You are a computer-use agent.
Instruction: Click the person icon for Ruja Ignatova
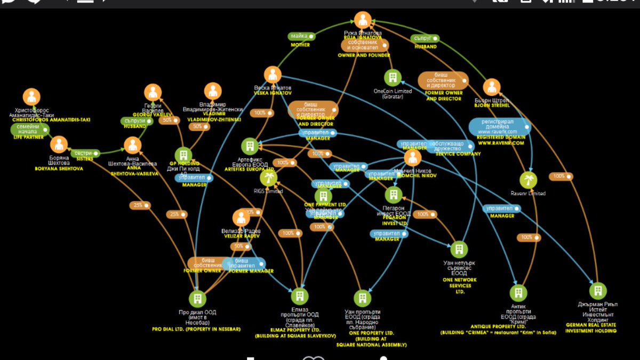[363, 21]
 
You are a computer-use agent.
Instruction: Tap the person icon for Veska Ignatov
[273, 75]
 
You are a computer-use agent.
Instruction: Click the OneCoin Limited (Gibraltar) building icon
[393, 78]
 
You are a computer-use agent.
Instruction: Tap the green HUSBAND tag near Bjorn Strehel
[426, 38]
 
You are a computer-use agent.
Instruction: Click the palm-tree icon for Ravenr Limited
[528, 180]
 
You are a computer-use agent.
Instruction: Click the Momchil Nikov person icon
[412, 158]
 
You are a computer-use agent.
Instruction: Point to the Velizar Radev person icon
[241, 218]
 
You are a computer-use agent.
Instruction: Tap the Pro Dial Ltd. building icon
[197, 299]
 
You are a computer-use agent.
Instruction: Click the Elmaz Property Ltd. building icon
[299, 296]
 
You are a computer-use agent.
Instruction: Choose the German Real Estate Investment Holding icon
[598, 291]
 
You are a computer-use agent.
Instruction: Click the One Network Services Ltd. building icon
[459, 249]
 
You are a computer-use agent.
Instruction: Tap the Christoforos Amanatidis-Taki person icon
[31, 97]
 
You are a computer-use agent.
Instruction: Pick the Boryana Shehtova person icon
[59, 144]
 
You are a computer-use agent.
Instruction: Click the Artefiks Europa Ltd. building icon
[250, 146]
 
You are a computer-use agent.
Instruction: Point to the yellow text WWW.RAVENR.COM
[500, 143]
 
